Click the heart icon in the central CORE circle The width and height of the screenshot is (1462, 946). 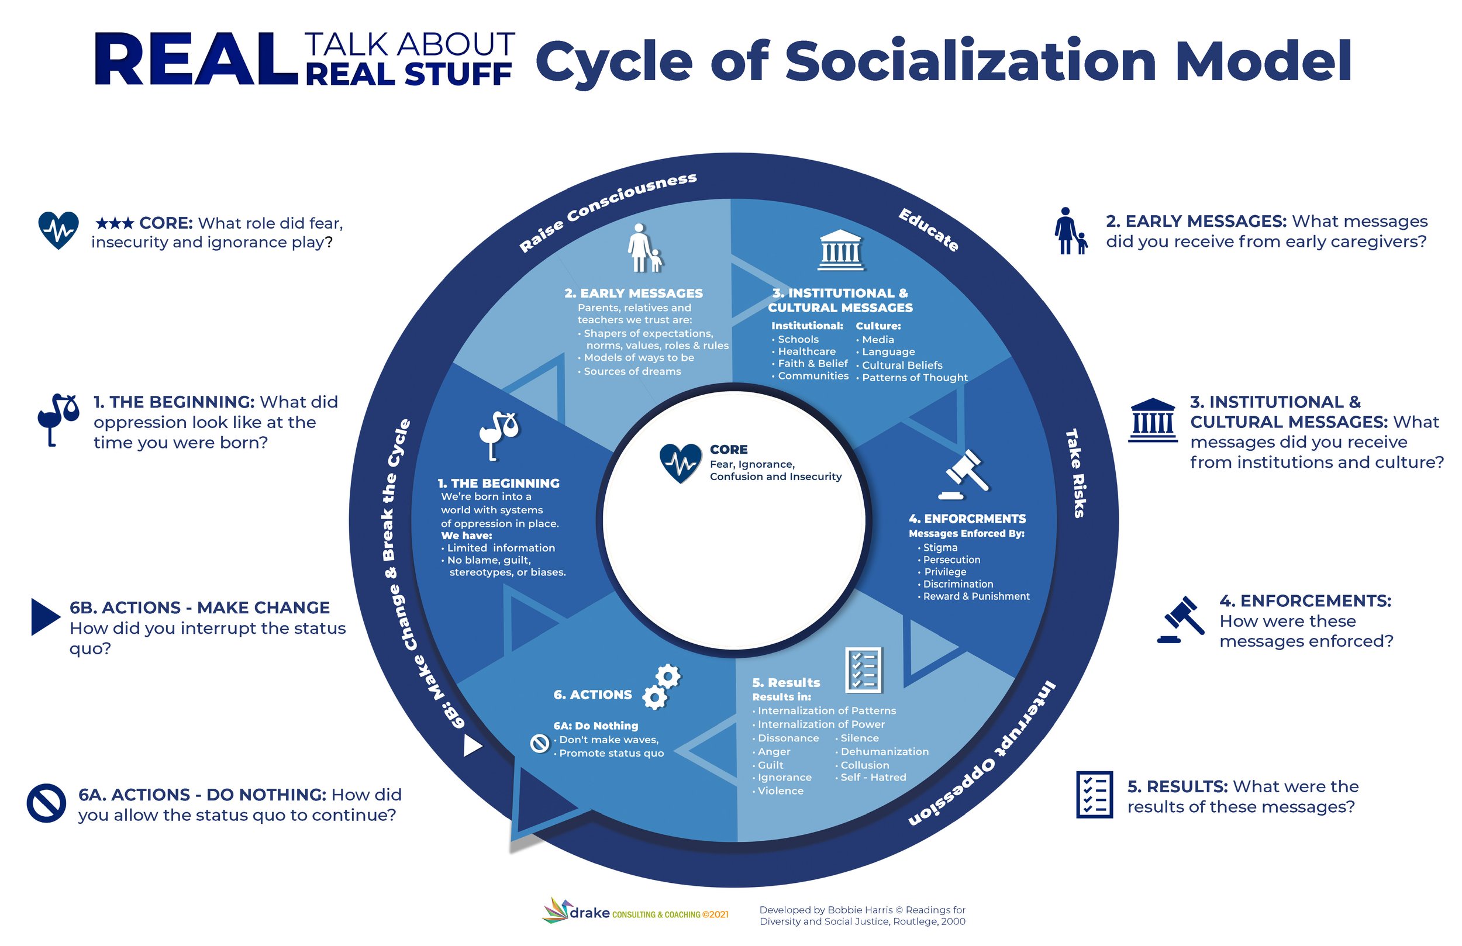(x=680, y=462)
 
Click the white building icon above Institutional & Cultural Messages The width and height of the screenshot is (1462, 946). (x=840, y=250)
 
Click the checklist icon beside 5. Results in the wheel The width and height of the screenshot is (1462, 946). (x=864, y=669)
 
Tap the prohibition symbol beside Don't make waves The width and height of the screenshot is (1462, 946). (x=539, y=743)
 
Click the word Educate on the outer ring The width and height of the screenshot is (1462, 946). (x=928, y=230)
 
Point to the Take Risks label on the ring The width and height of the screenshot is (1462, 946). (x=1075, y=473)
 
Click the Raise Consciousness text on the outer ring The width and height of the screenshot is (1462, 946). (x=608, y=212)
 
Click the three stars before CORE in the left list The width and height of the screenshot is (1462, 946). (x=114, y=223)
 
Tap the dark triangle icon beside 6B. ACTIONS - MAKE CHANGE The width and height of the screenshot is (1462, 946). (x=45, y=616)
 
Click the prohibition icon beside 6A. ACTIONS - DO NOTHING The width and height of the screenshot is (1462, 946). (x=46, y=802)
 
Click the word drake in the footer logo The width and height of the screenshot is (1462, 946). (x=589, y=913)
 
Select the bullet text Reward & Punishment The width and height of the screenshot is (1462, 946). (x=976, y=596)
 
